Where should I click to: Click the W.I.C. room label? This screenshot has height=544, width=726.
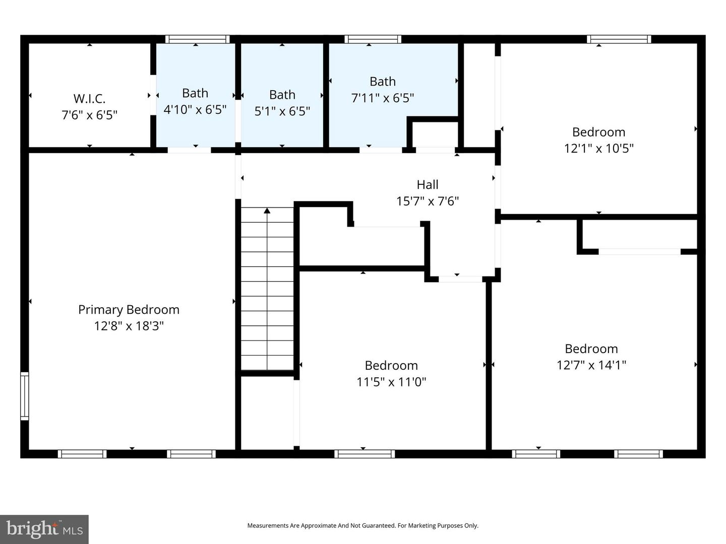tap(89, 98)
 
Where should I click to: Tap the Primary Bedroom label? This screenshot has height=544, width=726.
tap(129, 309)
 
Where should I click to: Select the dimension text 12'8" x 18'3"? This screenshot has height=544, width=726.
tap(129, 326)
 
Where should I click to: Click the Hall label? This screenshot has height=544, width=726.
tap(427, 184)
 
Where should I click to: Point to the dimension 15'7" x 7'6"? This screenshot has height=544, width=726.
tap(427, 201)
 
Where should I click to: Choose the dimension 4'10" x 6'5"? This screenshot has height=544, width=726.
tap(195, 109)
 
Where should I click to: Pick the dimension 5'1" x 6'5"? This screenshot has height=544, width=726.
tap(282, 111)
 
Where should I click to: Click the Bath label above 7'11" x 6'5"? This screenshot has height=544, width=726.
tap(382, 81)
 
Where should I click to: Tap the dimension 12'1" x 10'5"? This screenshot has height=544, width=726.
tap(598, 148)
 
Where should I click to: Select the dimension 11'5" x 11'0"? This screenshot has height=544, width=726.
tap(391, 382)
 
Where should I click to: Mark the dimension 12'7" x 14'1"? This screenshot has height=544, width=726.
tap(591, 365)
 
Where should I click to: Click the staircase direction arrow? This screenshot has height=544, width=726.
tap(267, 211)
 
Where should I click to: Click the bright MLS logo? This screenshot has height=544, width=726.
tap(44, 529)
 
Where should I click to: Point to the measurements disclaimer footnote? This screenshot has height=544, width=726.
tap(362, 525)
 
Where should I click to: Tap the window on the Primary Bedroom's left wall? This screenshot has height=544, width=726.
tap(24, 396)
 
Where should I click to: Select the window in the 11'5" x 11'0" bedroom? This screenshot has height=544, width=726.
tap(364, 454)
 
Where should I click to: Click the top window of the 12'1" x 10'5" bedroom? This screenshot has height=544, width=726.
tap(619, 39)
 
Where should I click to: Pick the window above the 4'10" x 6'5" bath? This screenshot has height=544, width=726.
tap(197, 39)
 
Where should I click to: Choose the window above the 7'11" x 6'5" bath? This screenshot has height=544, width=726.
tap(373, 39)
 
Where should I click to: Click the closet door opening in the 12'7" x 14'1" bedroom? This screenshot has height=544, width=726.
tap(639, 251)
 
